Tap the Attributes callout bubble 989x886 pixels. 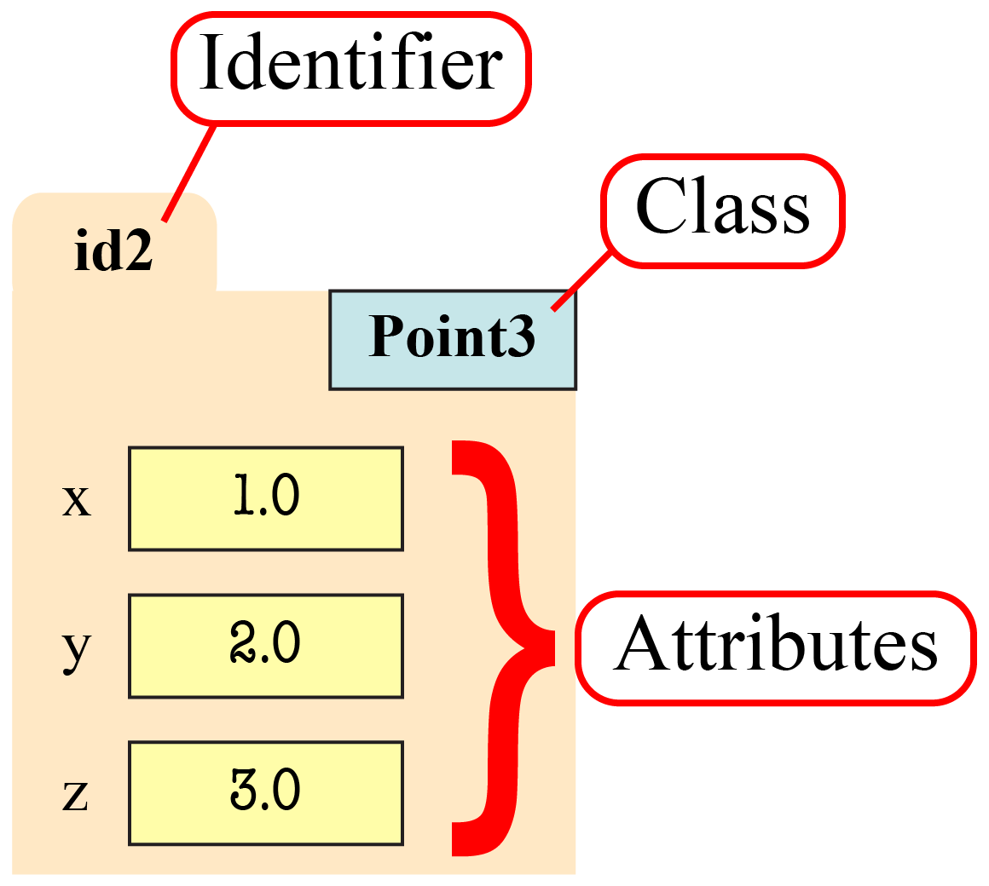pos(774,647)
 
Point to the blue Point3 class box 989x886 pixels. pos(453,340)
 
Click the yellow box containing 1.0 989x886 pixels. pos(265,498)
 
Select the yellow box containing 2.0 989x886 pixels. pos(265,646)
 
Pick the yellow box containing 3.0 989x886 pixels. pos(265,793)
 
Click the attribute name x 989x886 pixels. pos(76,501)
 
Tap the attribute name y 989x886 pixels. pos(76,650)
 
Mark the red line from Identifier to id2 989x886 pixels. pos(189,173)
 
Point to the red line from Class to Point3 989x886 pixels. pos(581,279)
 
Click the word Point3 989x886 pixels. pos(452,337)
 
